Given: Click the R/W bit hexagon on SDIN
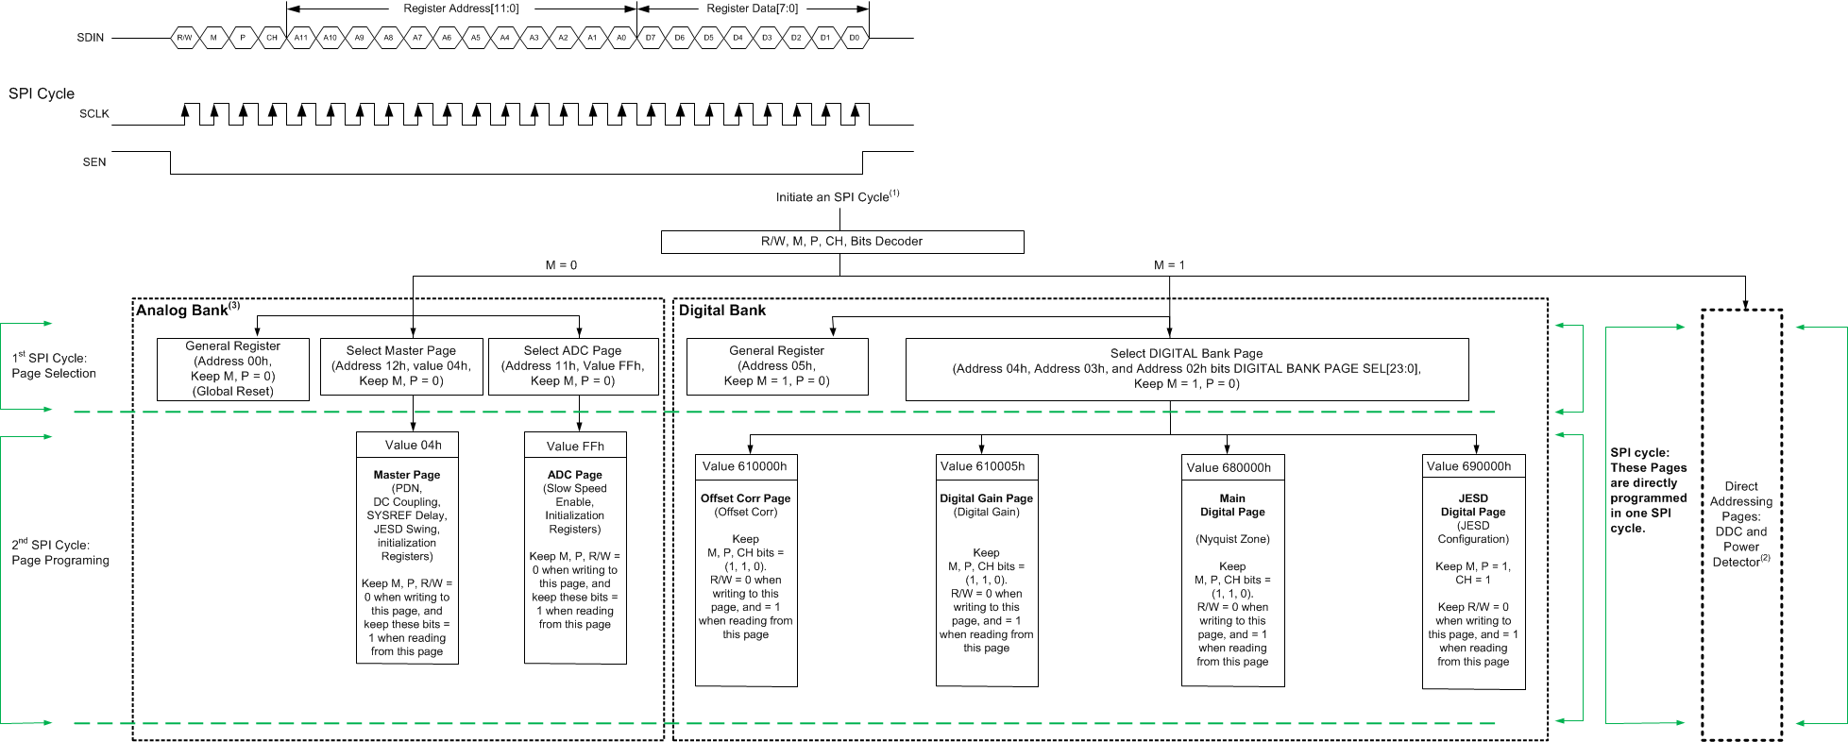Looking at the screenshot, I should tap(184, 38).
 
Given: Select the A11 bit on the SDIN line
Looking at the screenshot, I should tap(300, 38).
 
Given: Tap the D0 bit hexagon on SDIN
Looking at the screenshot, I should tap(854, 38).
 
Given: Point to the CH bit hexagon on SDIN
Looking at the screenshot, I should tap(272, 38).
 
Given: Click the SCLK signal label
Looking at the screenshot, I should tap(93, 113).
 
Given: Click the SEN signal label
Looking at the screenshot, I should tap(94, 162).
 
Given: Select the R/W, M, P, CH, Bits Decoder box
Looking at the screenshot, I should tap(841, 242).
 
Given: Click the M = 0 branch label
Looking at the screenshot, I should tap(561, 265).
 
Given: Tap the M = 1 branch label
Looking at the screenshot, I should tap(1169, 265).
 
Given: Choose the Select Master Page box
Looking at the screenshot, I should tap(401, 366).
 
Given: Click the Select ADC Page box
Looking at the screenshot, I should tap(572, 366).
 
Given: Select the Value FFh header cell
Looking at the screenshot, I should tap(575, 447).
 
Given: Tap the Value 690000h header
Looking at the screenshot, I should tap(1468, 466).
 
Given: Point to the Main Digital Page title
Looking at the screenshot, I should tap(1232, 505).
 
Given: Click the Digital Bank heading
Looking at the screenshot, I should tap(722, 311).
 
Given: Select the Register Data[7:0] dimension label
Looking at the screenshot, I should tap(752, 8).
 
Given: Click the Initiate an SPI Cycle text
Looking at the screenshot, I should tap(837, 196).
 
